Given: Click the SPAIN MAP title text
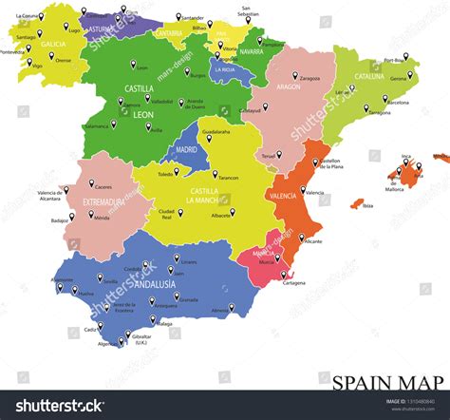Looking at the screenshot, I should (386, 382).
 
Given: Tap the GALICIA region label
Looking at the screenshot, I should (53, 44).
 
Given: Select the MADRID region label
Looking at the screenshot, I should (186, 149).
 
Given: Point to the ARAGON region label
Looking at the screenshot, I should (289, 86).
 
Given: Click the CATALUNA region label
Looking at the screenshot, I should (369, 76).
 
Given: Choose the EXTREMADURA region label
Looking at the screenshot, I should (104, 202).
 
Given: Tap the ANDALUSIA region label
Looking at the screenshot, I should (155, 284).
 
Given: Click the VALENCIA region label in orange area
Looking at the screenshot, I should (283, 195).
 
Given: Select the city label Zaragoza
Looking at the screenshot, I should (310, 78).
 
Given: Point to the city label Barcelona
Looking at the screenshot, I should (398, 102).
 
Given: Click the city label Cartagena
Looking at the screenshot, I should (294, 282).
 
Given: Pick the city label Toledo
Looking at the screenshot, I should (166, 174).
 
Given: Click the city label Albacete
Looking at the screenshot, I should (221, 215).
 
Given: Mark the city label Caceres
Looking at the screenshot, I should (104, 187).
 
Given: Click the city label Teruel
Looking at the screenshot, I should (269, 155).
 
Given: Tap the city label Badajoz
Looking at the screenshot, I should (60, 220).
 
